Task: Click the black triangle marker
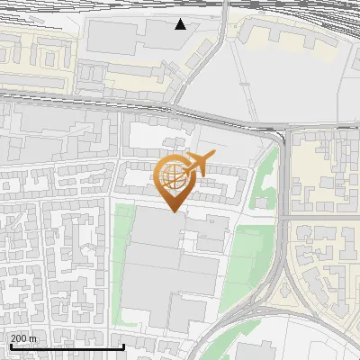181,24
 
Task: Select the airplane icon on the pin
196,163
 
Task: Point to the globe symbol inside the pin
173,175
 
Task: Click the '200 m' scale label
23,338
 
